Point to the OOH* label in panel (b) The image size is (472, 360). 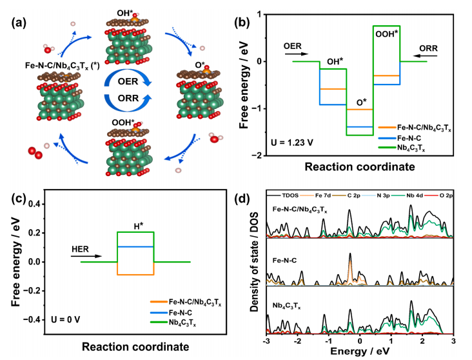pos(385,32)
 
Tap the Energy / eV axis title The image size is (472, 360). pos(361,352)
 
